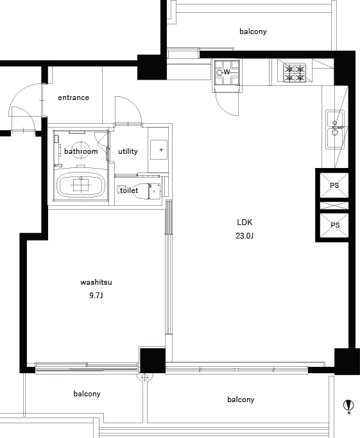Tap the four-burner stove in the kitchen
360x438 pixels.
pos(295,73)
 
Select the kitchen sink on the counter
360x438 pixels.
pos(335,130)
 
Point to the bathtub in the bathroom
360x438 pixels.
pos(81,185)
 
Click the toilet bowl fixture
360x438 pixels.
pos(146,191)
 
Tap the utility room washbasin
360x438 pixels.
pos(159,149)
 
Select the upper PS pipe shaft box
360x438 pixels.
pos(334,185)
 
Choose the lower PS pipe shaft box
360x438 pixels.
pos(334,225)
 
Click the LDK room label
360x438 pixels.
pos(244,223)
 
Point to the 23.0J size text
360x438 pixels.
pos(244,236)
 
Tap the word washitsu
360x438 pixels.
pos(96,282)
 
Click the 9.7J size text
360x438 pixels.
pos(96,296)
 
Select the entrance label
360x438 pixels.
pos(74,97)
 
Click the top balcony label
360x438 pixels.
pos(253,31)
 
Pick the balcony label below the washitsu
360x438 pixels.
pos(87,394)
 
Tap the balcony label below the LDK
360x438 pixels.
pos(241,400)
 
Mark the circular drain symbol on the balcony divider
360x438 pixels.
pos(144,377)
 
